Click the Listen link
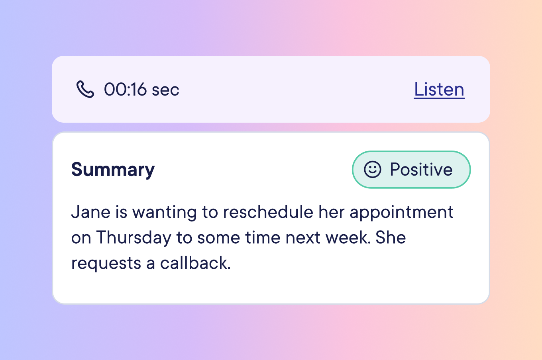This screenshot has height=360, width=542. click(x=439, y=89)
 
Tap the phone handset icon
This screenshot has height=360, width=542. click(x=85, y=89)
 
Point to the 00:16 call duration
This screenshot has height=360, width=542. click(x=125, y=89)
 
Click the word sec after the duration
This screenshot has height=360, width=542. click(x=165, y=90)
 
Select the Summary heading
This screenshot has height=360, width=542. click(x=113, y=170)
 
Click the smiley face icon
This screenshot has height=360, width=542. click(x=373, y=169)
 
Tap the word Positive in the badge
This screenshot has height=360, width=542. click(x=421, y=169)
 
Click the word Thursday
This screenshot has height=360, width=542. click(x=134, y=238)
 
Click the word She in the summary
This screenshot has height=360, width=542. click(x=391, y=238)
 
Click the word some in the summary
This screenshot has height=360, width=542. click(x=218, y=238)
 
